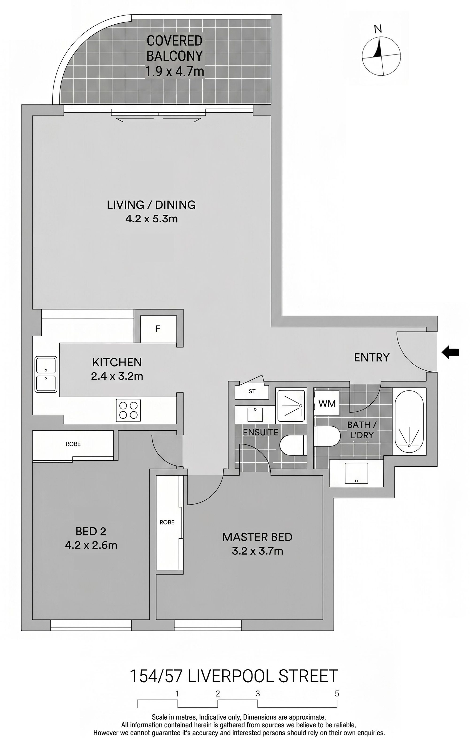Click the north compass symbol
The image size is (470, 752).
click(x=381, y=56)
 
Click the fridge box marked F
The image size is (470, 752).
click(x=158, y=329)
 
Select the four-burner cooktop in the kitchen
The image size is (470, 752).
click(x=128, y=410)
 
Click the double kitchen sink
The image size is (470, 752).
click(x=46, y=374)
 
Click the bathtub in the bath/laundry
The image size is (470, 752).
click(x=409, y=422)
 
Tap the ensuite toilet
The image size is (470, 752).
click(x=293, y=445)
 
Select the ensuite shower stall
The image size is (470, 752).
click(x=291, y=405)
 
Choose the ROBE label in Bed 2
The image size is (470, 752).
click(x=73, y=444)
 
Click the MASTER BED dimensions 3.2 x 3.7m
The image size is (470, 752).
click(x=257, y=551)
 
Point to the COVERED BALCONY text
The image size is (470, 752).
click(x=175, y=48)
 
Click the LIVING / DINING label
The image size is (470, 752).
click(x=151, y=205)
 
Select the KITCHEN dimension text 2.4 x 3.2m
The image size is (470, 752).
click(x=117, y=376)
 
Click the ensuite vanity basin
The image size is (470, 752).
click(x=255, y=415)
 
